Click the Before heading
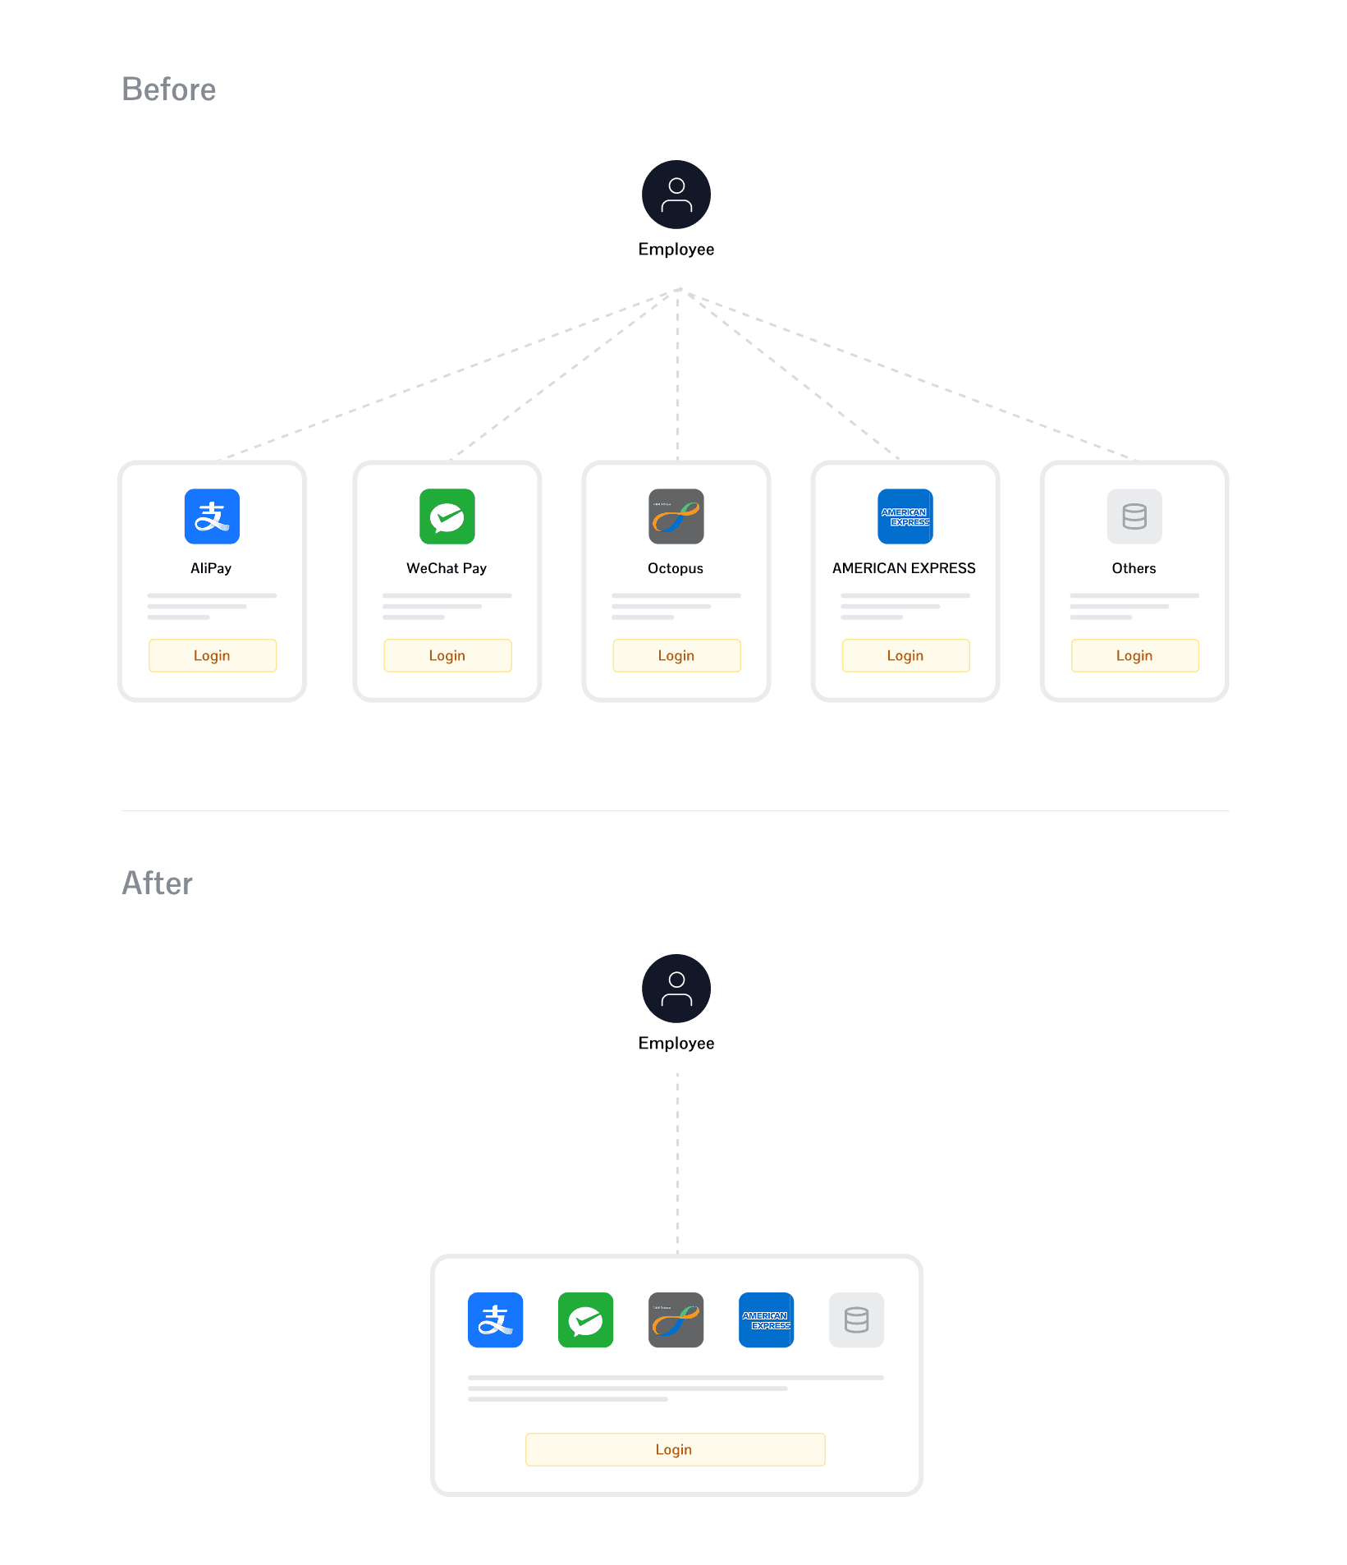pos(169,89)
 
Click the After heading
pos(157,883)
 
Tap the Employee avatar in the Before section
pos(676,195)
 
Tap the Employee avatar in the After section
pos(676,989)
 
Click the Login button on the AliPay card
pos(213,655)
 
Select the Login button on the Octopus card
pos(676,655)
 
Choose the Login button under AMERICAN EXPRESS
pos(905,655)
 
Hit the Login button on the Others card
pos(1134,655)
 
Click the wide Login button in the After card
pos(675,1449)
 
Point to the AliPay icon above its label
pos(213,516)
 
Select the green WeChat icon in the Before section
pos(447,516)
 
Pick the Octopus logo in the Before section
pos(676,516)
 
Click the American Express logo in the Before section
pos(905,516)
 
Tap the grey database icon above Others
pos(1134,516)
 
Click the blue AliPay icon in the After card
pos(496,1320)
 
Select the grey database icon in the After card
pos(856,1320)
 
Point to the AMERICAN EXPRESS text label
pos(904,568)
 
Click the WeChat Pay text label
pos(447,568)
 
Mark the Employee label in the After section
pos(676,1043)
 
